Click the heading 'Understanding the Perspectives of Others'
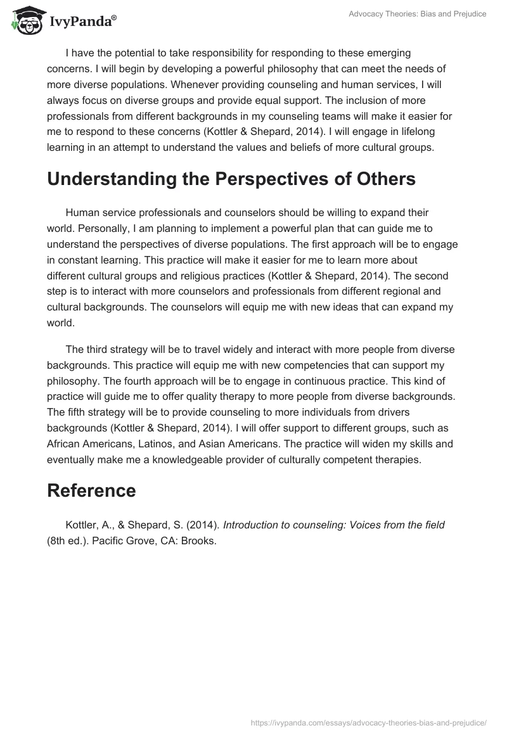[x=231, y=179]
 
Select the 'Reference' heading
[x=91, y=490]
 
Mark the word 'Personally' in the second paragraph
[x=95, y=227]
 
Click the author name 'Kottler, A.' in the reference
[x=87, y=525]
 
